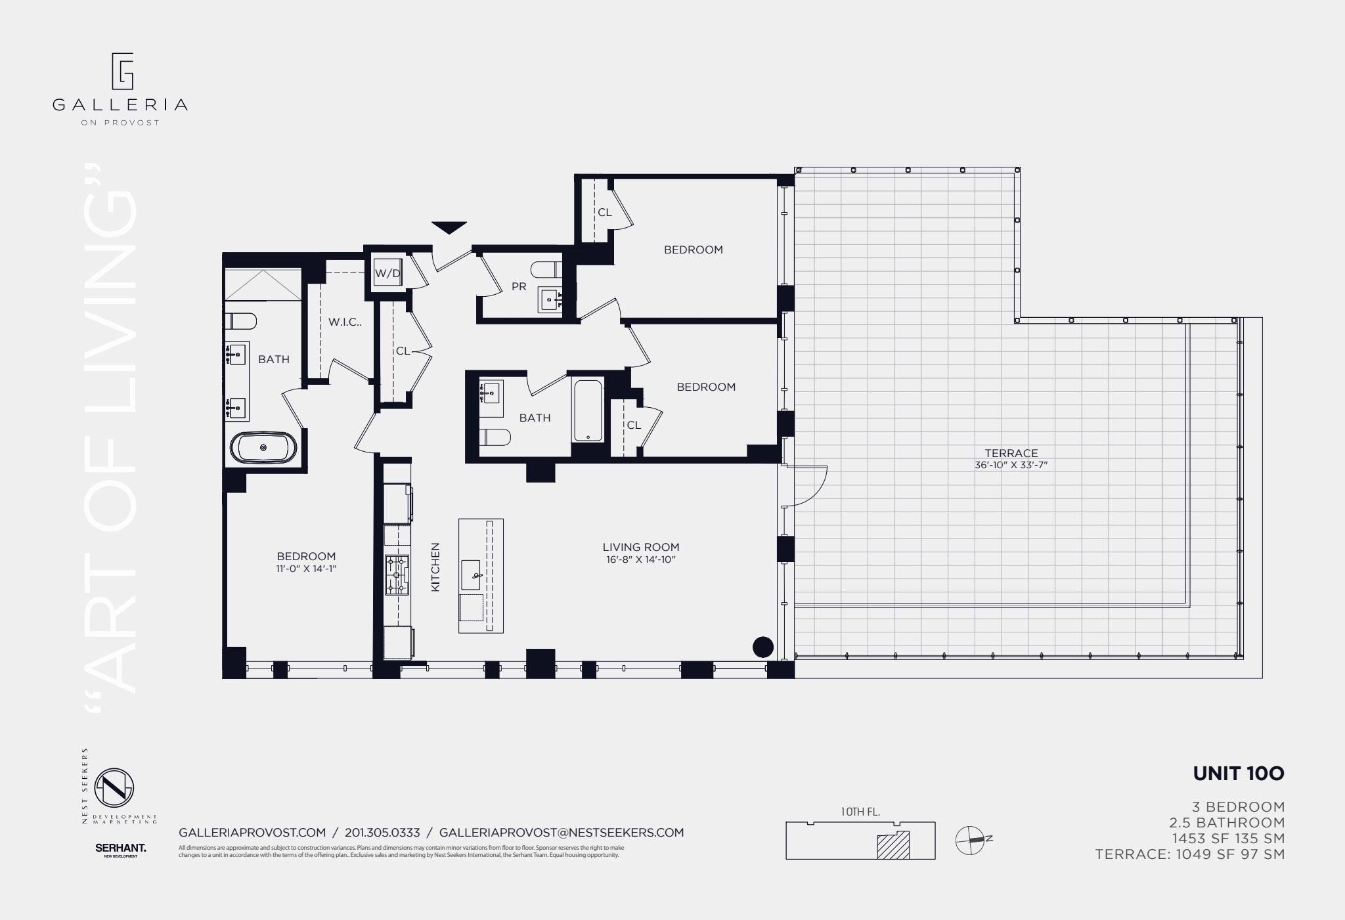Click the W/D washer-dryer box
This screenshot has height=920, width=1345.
tap(387, 273)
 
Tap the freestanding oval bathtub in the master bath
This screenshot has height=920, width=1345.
tap(263, 448)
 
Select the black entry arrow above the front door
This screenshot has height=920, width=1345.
tap(449, 227)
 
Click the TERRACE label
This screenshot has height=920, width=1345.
tap(1011, 453)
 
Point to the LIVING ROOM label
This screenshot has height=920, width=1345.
tap(640, 547)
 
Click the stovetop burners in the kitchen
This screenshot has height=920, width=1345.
tap(397, 575)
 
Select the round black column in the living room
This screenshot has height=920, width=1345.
tap(762, 647)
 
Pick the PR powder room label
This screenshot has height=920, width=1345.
tap(519, 287)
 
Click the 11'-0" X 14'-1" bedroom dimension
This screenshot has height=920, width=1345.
tap(306, 569)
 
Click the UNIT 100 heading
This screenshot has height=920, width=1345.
tap(1238, 774)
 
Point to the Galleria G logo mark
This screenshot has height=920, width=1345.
tap(122, 71)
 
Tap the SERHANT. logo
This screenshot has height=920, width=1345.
tap(120, 848)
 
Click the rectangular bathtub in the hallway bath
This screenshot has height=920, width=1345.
tap(588, 409)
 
